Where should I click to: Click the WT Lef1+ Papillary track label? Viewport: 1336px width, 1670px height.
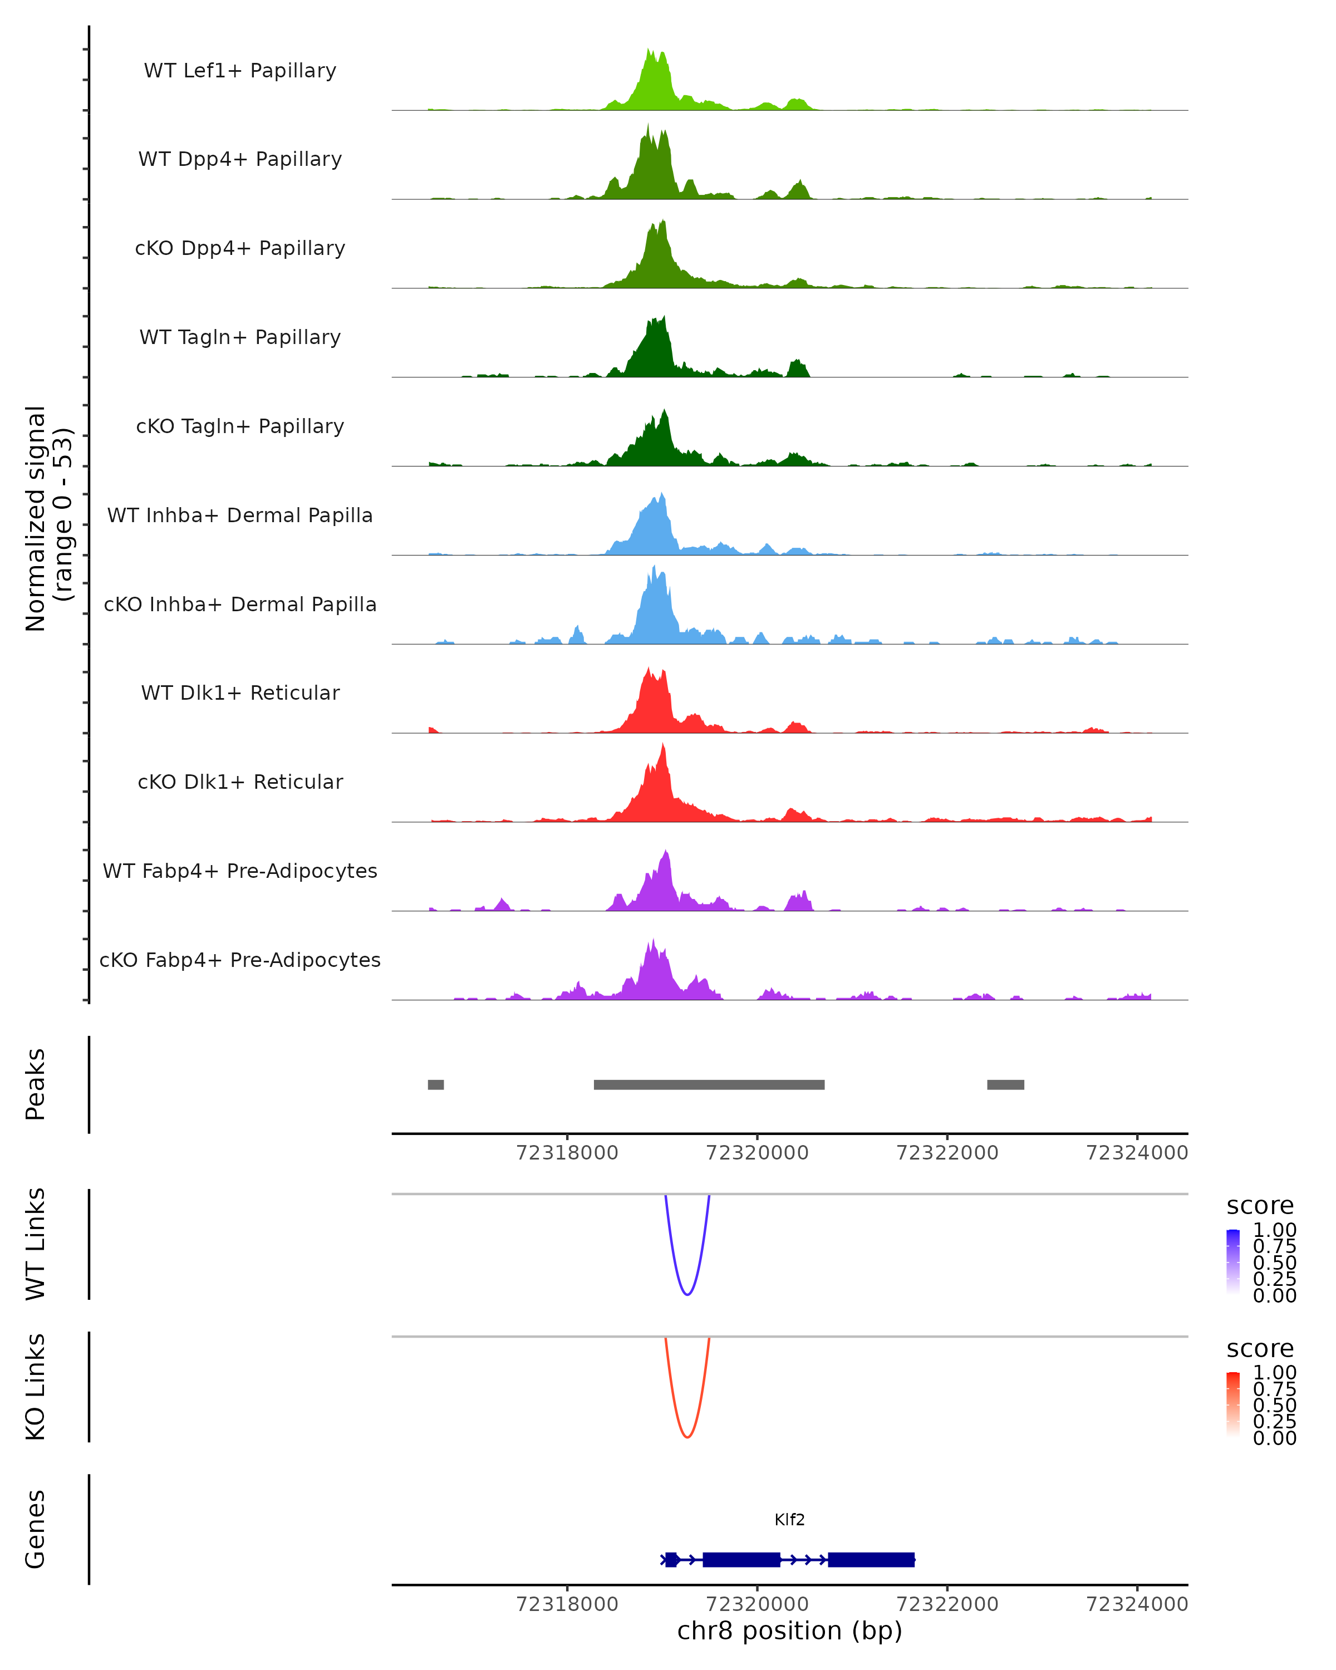(x=240, y=71)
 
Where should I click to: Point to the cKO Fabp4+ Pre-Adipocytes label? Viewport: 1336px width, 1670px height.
(x=240, y=960)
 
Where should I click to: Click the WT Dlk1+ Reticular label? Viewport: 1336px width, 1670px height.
(x=240, y=692)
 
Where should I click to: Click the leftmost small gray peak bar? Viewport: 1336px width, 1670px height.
(x=436, y=1084)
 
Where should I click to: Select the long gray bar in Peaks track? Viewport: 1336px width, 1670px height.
(x=709, y=1084)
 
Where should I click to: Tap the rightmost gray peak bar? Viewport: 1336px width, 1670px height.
(x=1005, y=1084)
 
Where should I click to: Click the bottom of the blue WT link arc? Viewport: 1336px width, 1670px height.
(x=687, y=1294)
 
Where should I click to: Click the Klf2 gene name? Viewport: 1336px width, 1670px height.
(x=789, y=1520)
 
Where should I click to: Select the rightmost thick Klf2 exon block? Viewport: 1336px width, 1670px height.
(x=871, y=1559)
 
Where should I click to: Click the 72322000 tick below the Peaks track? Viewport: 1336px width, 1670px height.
(x=947, y=1153)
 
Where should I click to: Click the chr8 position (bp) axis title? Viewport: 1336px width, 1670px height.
(x=789, y=1630)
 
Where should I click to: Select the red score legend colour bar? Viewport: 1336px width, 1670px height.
(x=1233, y=1405)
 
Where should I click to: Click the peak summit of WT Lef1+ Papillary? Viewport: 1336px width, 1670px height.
(x=649, y=50)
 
